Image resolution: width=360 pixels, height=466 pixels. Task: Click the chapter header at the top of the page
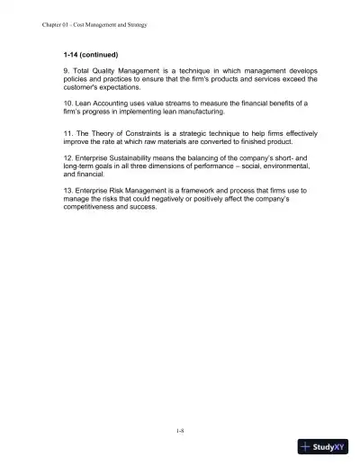point(94,24)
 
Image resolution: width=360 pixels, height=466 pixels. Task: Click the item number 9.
point(66,73)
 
